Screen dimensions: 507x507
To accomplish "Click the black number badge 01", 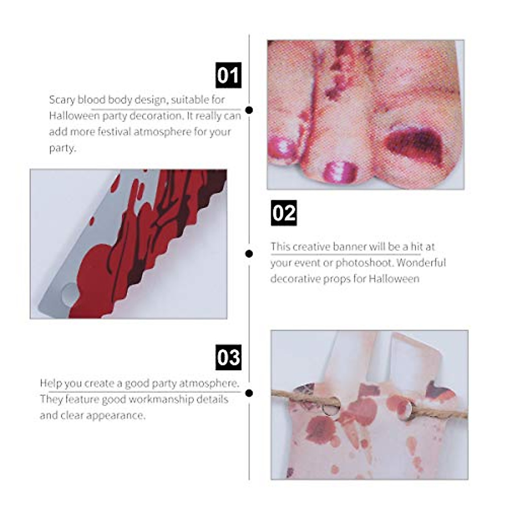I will click(229, 75).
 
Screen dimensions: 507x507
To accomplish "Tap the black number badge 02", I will click(283, 213).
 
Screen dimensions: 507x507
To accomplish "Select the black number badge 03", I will click(229, 357).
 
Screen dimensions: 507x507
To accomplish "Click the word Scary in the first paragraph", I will click(62, 100).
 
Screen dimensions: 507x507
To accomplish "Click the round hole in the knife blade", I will click(70, 294).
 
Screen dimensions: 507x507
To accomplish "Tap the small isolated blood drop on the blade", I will click(91, 221).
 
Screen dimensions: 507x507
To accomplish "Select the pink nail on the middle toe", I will click(341, 172).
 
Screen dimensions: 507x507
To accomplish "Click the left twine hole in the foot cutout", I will click(330, 405).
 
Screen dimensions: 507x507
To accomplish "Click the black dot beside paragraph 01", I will click(249, 110).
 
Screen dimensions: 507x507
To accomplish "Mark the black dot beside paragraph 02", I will click(249, 253).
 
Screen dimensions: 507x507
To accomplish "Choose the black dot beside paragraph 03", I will click(249, 393).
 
